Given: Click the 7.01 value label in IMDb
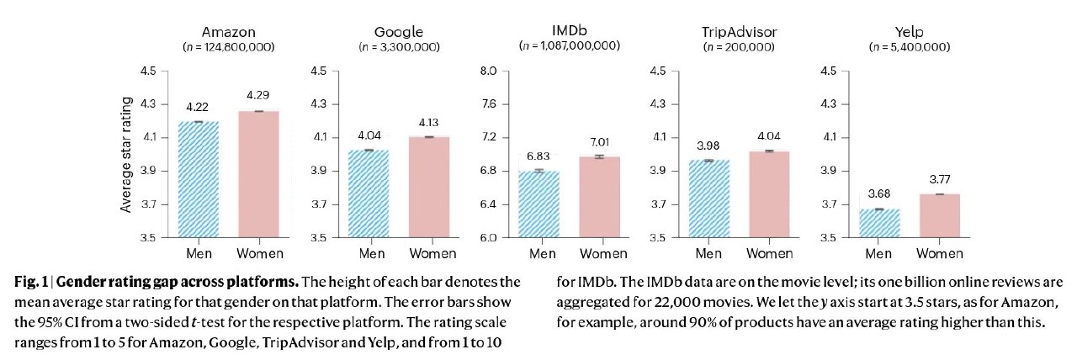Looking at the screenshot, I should (x=593, y=142).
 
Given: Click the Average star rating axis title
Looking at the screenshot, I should (x=126, y=154).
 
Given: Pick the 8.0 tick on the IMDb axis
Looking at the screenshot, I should (x=488, y=71).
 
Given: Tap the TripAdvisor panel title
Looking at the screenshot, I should (x=739, y=32).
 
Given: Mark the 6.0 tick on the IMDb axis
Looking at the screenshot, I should (x=488, y=238).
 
